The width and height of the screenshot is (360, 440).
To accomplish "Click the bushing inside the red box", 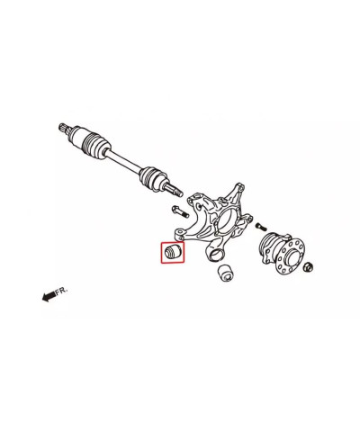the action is point(173,252).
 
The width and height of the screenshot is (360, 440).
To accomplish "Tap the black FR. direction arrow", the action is point(49,296).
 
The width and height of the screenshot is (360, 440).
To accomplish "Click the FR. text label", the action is point(61,290).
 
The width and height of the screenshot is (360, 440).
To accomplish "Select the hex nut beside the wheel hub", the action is point(309,266).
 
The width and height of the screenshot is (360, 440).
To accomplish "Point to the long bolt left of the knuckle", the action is point(179,211).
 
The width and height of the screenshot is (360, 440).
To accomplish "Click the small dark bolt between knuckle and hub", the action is point(261,227).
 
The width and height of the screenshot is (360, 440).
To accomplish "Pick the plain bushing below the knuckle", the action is point(226,273).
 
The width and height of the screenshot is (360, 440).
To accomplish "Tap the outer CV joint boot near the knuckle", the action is point(153,178).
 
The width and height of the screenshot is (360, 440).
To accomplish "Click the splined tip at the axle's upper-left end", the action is point(64,127).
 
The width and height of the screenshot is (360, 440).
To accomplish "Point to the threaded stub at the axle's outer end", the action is point(174,190).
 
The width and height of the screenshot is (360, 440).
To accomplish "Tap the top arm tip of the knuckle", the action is point(239,187).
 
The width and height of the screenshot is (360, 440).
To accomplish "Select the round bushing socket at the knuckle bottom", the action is point(216,254).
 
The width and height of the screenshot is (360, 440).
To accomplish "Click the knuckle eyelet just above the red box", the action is point(180,233).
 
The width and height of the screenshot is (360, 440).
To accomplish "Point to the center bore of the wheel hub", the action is point(292,256).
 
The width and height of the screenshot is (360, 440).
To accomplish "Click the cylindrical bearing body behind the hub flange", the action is point(269,245).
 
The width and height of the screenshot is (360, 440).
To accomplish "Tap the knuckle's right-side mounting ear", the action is point(247,218).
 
